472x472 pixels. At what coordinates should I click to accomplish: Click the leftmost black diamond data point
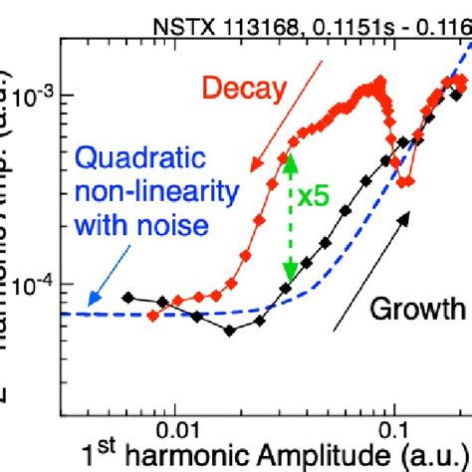click(x=126, y=297)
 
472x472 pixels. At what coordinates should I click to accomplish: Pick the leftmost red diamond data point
click(x=152, y=316)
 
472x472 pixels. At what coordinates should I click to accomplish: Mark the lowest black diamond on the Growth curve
click(x=230, y=331)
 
